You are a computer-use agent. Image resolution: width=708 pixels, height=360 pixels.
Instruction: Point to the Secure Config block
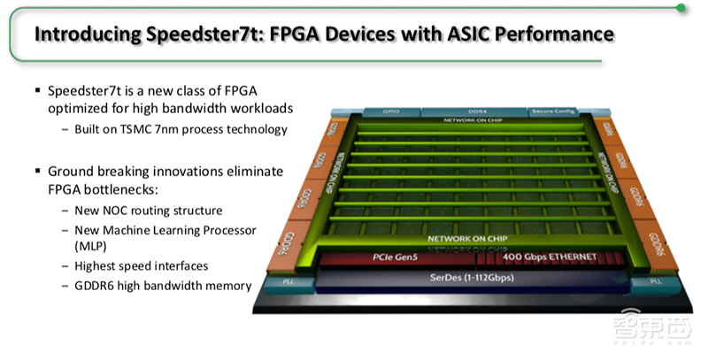pyautogui.click(x=554, y=112)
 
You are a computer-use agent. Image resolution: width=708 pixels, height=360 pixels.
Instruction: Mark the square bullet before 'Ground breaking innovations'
pyautogui.click(x=36, y=170)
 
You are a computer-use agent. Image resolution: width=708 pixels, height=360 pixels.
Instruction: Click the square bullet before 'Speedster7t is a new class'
pyautogui.click(x=36, y=90)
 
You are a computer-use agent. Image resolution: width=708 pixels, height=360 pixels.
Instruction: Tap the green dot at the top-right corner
pyautogui.click(x=681, y=7)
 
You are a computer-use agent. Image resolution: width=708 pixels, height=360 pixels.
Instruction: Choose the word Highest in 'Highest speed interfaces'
pyautogui.click(x=99, y=264)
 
